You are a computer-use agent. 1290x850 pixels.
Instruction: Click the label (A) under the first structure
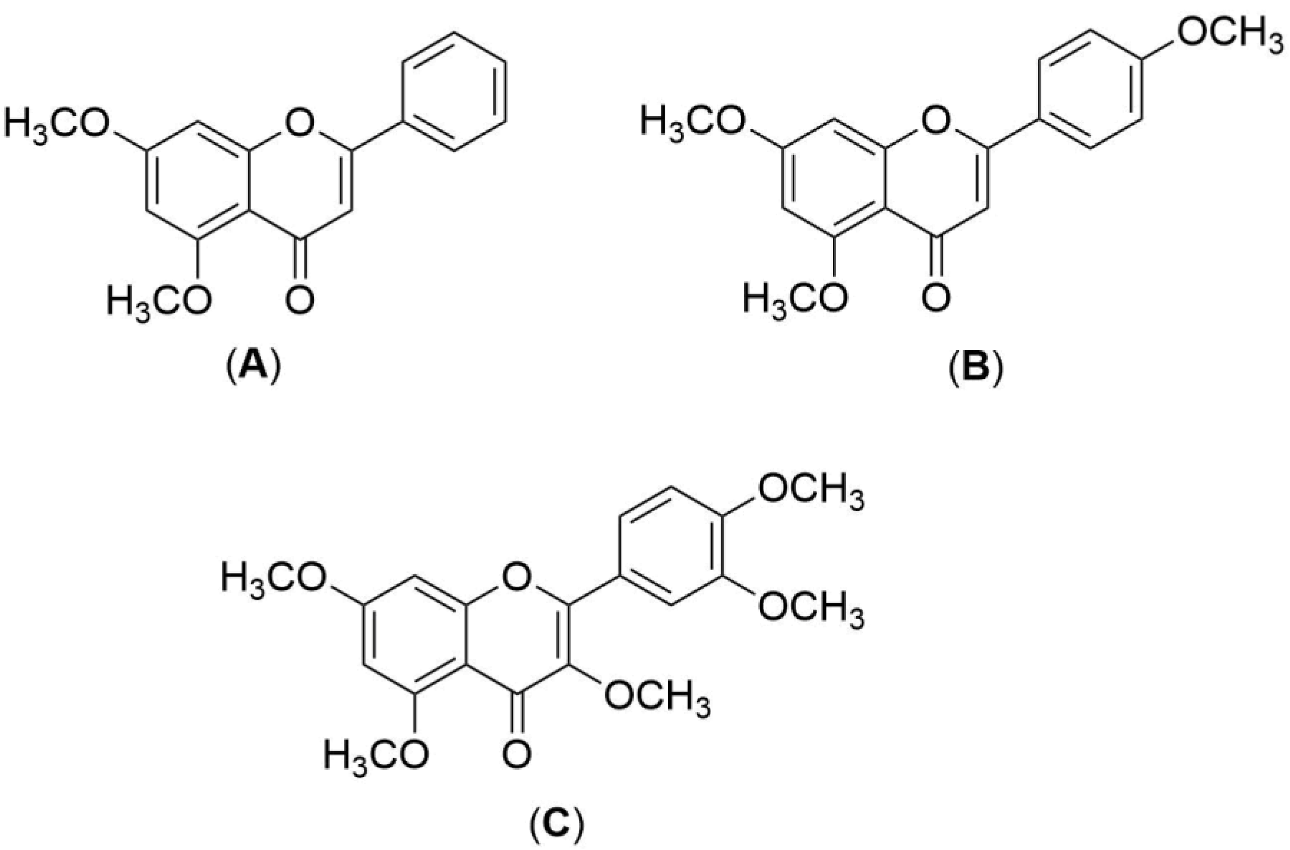[x=253, y=369]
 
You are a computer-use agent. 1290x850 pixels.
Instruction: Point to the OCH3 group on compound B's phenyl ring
[x=1230, y=37]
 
